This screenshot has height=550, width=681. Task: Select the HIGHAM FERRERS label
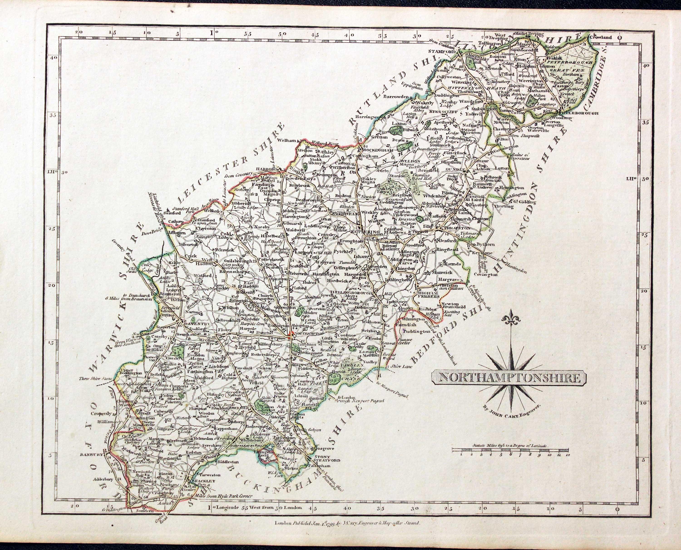tap(429, 295)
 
